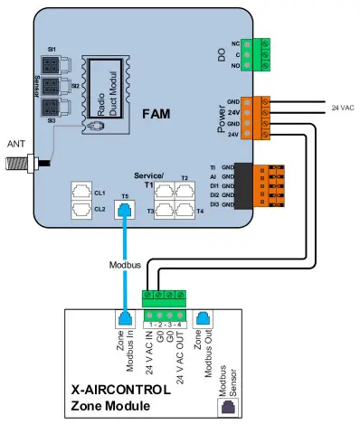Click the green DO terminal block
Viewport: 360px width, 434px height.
click(264, 53)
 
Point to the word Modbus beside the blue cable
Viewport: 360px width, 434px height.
click(125, 266)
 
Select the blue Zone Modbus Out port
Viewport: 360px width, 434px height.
click(204, 318)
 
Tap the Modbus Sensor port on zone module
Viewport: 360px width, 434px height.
click(225, 407)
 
